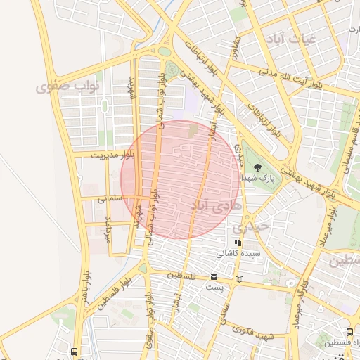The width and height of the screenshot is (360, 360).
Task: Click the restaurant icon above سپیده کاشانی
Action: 238,243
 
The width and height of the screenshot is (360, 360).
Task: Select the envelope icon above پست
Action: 214,276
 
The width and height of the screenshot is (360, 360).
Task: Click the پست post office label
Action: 214,287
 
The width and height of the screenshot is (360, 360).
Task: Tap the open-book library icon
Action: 240,279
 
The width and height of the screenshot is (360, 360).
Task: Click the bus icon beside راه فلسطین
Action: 349,332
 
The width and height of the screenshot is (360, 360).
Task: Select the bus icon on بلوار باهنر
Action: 75,351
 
